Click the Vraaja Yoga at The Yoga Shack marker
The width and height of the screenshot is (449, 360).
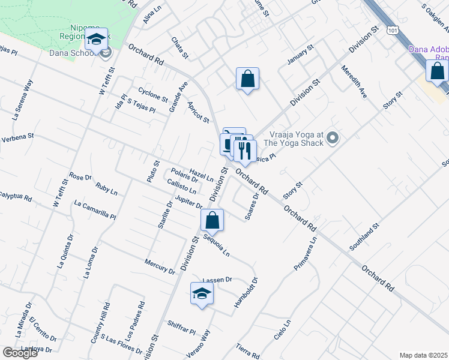point(334,139)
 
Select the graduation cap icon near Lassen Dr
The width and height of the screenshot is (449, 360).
point(202,294)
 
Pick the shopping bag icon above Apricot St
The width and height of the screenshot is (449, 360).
point(247,79)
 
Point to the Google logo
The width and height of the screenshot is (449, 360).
point(20,353)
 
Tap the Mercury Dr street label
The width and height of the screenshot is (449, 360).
point(160,266)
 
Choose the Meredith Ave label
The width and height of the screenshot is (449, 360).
point(354,82)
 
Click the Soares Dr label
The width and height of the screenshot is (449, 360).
point(252,205)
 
